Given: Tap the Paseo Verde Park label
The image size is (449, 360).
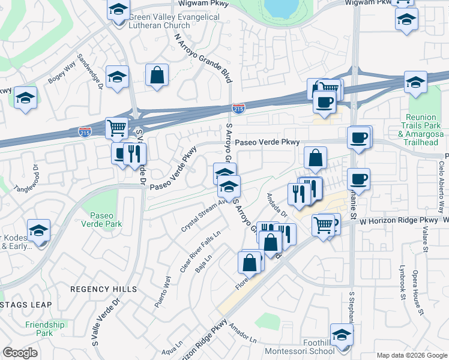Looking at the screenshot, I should click(106, 220).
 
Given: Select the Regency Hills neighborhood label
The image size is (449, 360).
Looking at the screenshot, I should click(103, 289).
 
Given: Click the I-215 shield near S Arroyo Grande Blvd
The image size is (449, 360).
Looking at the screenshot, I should click(238, 109).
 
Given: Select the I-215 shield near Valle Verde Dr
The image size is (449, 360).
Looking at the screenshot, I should click(85, 130).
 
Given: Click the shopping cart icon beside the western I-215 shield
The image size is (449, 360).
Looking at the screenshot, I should click(116, 127).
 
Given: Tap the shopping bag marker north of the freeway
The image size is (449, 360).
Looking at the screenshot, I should click(157, 75).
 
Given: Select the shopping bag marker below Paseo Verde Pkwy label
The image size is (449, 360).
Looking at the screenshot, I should click(315, 158).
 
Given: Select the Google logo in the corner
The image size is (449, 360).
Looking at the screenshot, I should click(20, 353).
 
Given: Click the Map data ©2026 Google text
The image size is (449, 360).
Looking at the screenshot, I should click(411, 355).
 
